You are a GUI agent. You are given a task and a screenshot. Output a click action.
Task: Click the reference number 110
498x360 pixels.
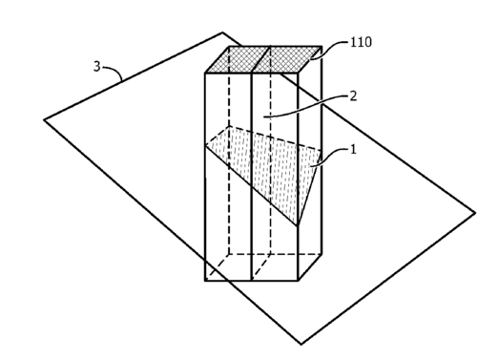361,42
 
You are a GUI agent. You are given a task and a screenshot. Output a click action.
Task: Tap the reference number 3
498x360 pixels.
97,67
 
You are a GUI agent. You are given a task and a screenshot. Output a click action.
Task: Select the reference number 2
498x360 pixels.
353,96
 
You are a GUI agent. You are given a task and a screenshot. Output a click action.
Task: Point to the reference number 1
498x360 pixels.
353,149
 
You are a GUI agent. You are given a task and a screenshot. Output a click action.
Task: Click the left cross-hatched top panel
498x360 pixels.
238,59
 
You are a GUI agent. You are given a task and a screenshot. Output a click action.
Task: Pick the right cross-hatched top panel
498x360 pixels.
287,59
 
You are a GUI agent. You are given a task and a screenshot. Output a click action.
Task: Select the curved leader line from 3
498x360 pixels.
114,72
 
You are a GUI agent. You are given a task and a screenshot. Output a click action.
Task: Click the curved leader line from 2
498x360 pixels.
307,107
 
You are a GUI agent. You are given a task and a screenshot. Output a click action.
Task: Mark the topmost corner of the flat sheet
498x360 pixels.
222,32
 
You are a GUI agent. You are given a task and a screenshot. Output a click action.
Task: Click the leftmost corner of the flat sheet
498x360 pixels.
44,120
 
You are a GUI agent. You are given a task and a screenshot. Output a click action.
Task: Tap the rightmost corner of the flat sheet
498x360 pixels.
475,213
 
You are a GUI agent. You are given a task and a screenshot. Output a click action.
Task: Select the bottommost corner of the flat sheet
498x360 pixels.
301,344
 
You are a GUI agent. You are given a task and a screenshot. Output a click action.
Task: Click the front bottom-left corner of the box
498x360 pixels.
205,281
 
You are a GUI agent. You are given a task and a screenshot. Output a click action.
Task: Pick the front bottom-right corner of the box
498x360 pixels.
298,281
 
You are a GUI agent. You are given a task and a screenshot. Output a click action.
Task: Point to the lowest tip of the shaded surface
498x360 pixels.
298,225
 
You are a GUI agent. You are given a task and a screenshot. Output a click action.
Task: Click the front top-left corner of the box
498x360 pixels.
205,74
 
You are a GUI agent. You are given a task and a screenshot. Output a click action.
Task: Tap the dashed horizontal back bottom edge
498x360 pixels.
275,254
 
